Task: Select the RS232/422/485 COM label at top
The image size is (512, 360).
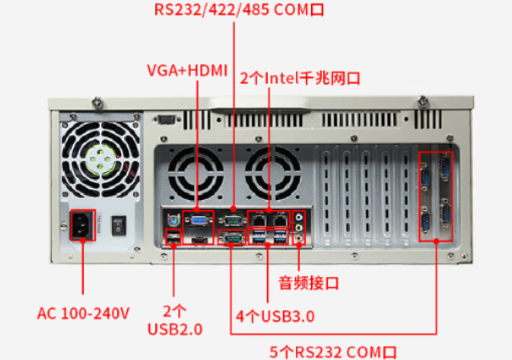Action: [x=240, y=11]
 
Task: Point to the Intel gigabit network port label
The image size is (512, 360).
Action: [x=301, y=78]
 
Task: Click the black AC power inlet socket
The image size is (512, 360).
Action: [x=82, y=225]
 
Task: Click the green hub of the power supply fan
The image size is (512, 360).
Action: [x=100, y=159]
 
